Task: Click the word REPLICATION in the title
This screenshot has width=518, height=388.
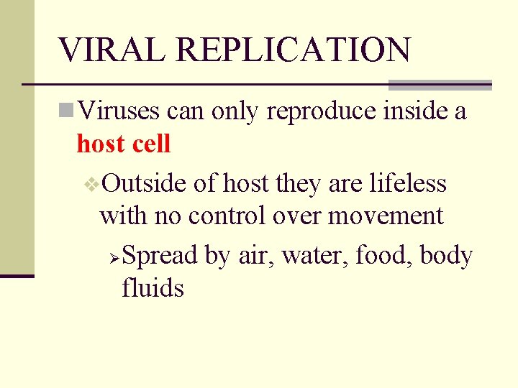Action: tap(293, 50)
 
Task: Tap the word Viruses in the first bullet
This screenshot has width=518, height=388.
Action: tap(119, 111)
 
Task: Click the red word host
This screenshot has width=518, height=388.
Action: tap(100, 144)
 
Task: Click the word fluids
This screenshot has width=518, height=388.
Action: tap(153, 288)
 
